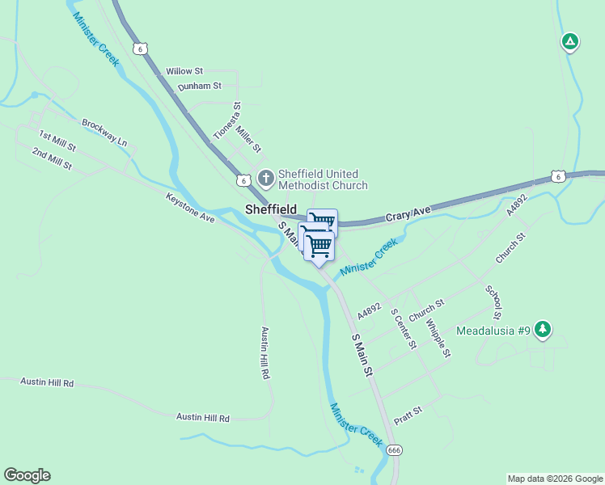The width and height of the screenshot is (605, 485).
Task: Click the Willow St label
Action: (184, 72)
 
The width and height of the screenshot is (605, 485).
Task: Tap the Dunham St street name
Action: (200, 86)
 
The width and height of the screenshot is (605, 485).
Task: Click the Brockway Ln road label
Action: (104, 132)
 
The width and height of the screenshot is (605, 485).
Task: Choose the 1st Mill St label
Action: (57, 141)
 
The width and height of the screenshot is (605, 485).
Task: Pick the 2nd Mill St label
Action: (53, 158)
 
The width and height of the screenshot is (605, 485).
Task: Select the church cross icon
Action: (265, 177)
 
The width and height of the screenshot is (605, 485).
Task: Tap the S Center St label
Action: (403, 327)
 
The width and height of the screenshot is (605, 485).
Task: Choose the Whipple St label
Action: (438, 337)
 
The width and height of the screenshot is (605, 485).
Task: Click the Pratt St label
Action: (408, 415)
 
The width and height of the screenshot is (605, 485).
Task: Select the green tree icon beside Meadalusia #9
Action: (544, 329)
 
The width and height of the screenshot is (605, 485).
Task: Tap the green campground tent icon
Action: (570, 41)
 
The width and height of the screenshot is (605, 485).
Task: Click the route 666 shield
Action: (394, 449)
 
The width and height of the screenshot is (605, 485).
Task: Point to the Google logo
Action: (27, 475)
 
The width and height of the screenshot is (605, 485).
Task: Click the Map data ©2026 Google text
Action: (554, 479)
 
